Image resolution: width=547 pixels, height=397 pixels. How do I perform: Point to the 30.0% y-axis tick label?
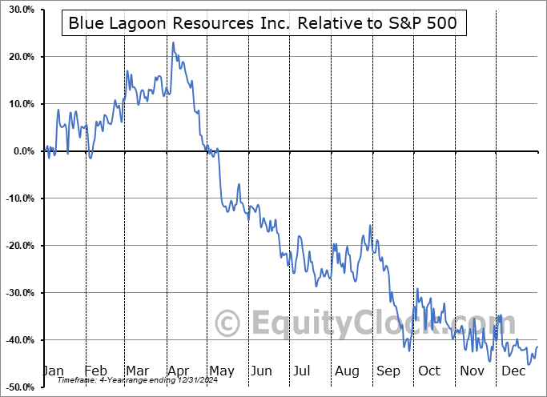(18, 10)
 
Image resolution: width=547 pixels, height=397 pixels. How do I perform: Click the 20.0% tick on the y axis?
(18, 57)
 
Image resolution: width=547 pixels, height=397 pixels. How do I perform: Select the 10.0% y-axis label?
(18, 104)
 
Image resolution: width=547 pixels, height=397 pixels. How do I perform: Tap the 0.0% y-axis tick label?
(21, 151)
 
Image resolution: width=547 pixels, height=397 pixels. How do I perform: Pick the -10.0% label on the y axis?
(17, 198)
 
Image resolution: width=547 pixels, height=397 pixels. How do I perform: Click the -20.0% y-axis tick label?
(17, 246)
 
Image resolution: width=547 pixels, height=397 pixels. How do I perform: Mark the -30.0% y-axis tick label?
(17, 293)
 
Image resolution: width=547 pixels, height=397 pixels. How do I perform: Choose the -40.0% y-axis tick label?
(17, 340)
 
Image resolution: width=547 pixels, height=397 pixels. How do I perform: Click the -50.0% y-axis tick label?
(17, 387)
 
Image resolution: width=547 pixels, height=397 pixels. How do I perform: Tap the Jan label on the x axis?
(53, 371)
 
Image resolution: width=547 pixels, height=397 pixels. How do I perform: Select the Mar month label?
(138, 371)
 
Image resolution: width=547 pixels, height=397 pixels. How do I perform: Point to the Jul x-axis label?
(302, 371)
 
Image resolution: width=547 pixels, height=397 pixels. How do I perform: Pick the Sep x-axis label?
(388, 371)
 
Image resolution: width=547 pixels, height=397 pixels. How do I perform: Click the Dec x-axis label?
(511, 371)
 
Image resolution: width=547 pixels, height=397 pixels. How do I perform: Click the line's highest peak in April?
(172, 42)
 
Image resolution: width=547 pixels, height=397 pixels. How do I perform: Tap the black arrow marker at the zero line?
(541, 151)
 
